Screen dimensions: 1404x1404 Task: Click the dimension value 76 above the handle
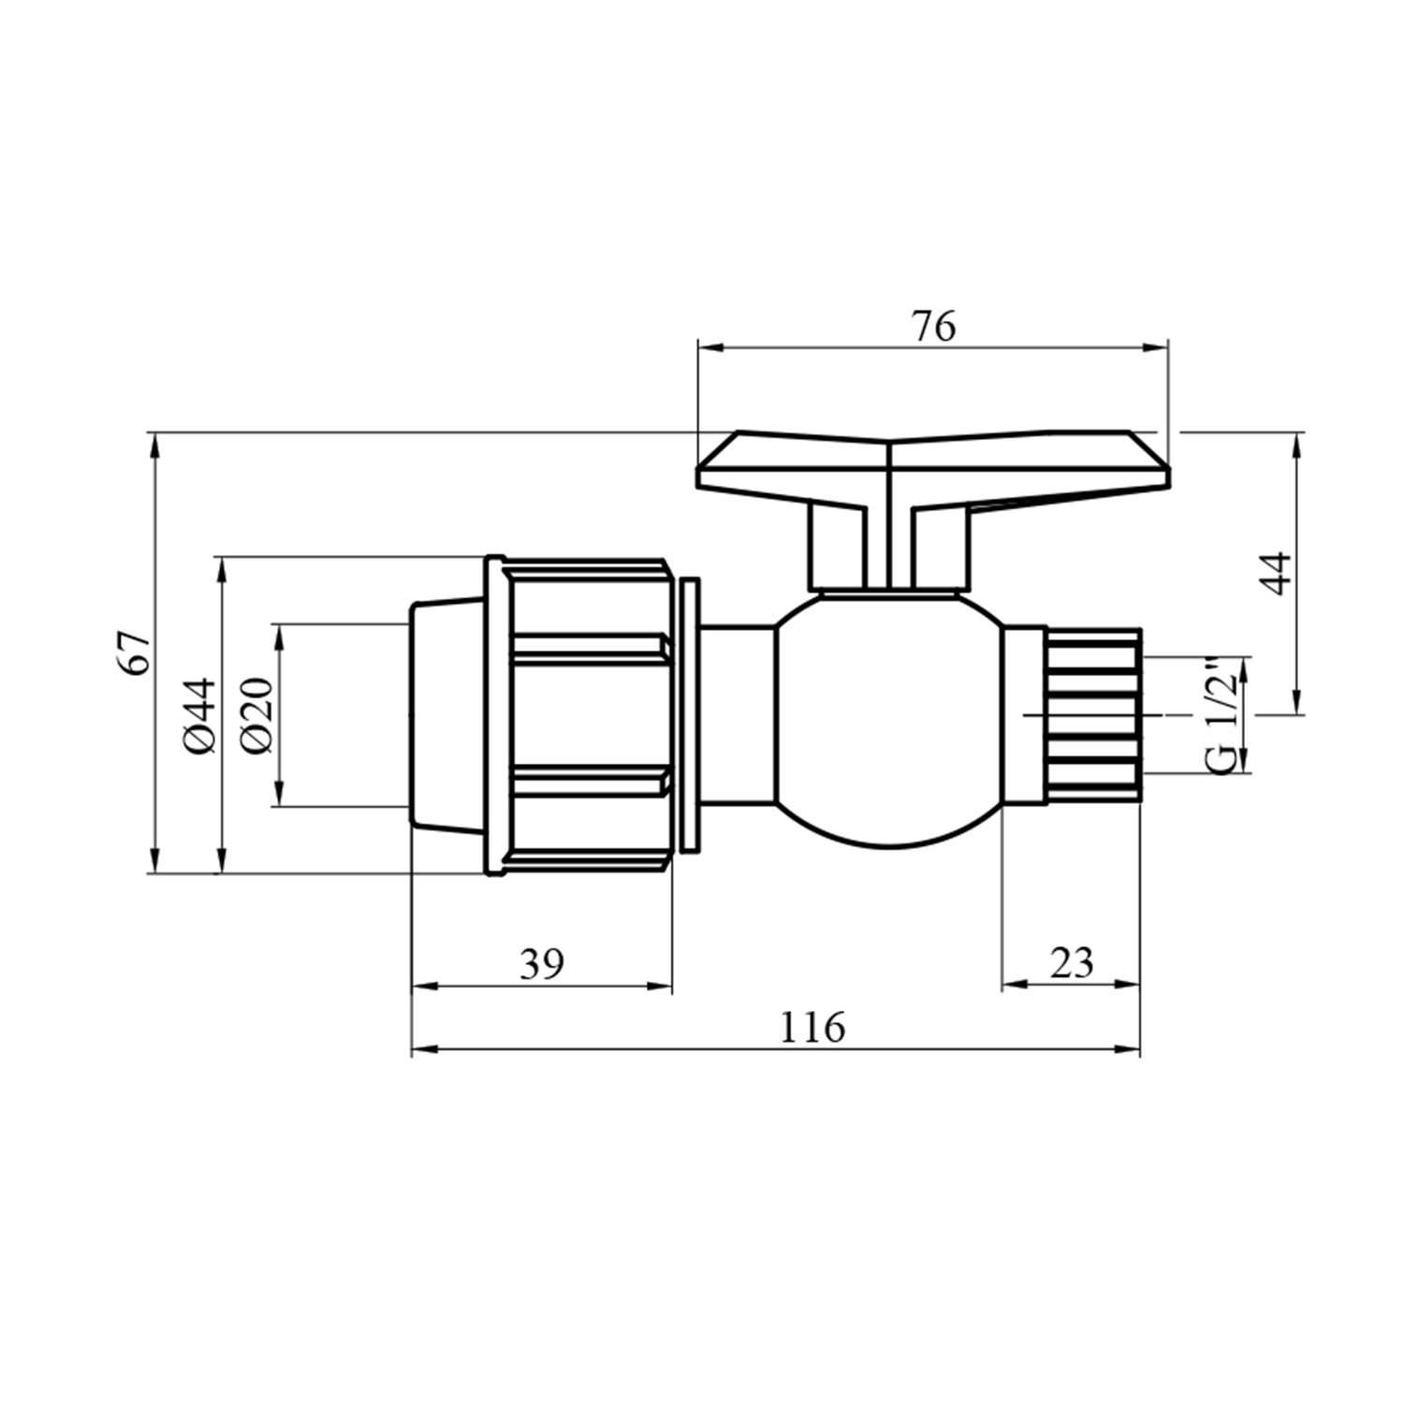pos(934,326)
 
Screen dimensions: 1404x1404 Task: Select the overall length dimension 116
pos(812,1028)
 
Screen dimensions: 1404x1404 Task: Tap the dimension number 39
pos(543,963)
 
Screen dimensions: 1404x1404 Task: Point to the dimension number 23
pos(1072,962)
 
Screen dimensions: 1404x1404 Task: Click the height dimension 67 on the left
pos(135,653)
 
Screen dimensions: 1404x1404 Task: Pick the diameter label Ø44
pos(201,716)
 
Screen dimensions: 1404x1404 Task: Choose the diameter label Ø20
pos(256,716)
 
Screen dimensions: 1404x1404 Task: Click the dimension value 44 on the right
pos(1277,574)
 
